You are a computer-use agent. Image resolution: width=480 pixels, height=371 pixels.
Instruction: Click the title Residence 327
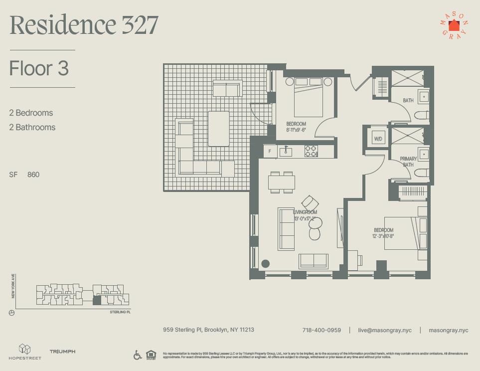click(84, 25)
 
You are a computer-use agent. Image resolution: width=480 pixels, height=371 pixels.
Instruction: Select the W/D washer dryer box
click(378, 139)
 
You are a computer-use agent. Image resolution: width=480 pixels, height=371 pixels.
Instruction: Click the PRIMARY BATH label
click(408, 162)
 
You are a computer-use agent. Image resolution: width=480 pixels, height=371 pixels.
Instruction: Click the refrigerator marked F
click(270, 151)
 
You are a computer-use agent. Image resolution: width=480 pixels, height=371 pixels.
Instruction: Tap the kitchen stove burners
click(311, 151)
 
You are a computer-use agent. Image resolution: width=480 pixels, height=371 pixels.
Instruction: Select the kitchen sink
click(286, 151)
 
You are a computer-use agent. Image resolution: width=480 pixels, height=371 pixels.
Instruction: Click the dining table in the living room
click(282, 182)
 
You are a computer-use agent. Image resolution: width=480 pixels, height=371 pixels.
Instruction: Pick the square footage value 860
click(33, 175)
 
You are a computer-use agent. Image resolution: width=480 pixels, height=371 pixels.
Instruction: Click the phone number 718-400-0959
click(321, 330)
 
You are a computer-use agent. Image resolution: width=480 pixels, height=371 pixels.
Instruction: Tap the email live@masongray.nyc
click(385, 330)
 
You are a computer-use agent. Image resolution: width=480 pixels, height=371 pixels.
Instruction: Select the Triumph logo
click(62, 352)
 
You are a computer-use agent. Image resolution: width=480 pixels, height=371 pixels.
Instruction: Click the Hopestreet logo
click(25, 352)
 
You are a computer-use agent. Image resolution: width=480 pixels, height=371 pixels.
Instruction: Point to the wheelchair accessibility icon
click(138, 355)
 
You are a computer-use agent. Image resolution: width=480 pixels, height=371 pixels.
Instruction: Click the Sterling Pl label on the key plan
click(120, 312)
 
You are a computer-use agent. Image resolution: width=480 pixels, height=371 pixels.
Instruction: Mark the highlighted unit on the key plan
click(97, 300)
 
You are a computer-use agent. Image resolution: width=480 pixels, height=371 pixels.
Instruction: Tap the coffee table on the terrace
click(218, 128)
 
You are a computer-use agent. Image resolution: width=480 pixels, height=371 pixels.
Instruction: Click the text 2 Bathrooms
click(32, 127)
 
